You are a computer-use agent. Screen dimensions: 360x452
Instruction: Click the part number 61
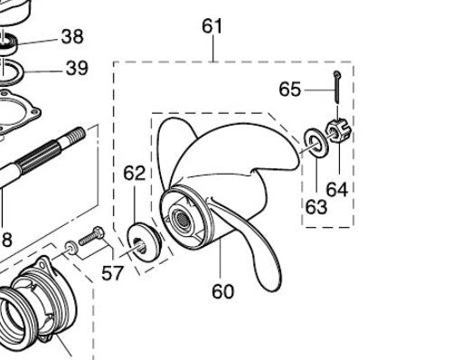tap(212, 26)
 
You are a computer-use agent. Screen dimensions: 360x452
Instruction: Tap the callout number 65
tap(289, 90)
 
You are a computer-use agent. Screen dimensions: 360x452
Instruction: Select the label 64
tap(338, 190)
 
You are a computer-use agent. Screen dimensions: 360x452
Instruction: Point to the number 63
tap(315, 206)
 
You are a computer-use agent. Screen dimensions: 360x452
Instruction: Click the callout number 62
tap(134, 172)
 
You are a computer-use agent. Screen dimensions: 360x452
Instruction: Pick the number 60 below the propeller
tap(222, 291)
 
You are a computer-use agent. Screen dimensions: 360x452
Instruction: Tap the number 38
tap(72, 36)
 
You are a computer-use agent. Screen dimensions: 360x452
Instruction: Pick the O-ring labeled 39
tap(24, 70)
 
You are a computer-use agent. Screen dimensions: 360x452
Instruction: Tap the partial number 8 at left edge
tap(6, 239)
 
